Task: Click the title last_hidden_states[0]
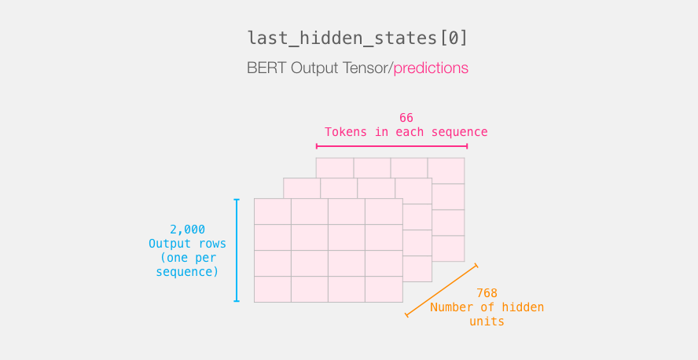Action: pyautogui.click(x=358, y=39)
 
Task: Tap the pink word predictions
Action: pyautogui.click(x=431, y=68)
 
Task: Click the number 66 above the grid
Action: pyautogui.click(x=406, y=118)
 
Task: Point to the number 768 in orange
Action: pyautogui.click(x=487, y=293)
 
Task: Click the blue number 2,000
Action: pyautogui.click(x=187, y=230)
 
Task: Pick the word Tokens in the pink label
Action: pyautogui.click(x=346, y=132)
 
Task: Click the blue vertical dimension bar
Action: pyautogui.click(x=237, y=250)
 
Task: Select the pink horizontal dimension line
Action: pyautogui.click(x=391, y=146)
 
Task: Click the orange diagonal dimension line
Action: pyautogui.click(x=442, y=291)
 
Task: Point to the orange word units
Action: pyautogui.click(x=487, y=321)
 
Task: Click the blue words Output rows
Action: pyautogui.click(x=187, y=244)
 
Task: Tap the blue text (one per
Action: pyautogui.click(x=187, y=258)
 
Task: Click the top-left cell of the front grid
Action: pyautogui.click(x=273, y=211)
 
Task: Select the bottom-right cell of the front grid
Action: pyautogui.click(x=384, y=289)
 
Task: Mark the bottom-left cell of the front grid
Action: pyautogui.click(x=273, y=289)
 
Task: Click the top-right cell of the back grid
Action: pyautogui.click(x=446, y=171)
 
